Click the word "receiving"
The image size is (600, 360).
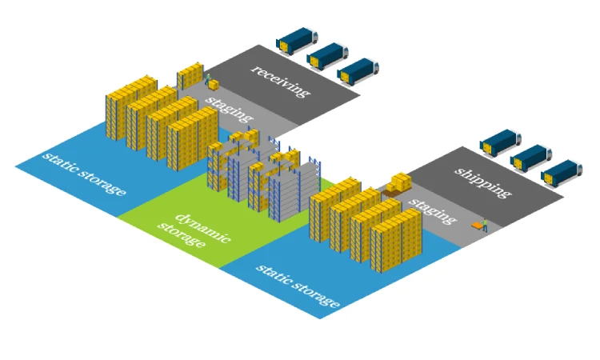tap(279, 81)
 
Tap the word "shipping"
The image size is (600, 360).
tap(482, 182)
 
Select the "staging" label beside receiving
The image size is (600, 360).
tap(229, 110)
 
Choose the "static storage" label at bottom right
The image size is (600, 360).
tap(298, 285)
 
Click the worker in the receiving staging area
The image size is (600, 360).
tap(208, 79)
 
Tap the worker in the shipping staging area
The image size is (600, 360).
tap(484, 224)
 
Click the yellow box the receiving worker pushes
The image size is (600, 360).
tap(214, 84)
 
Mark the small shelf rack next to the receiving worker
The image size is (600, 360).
tap(191, 76)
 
